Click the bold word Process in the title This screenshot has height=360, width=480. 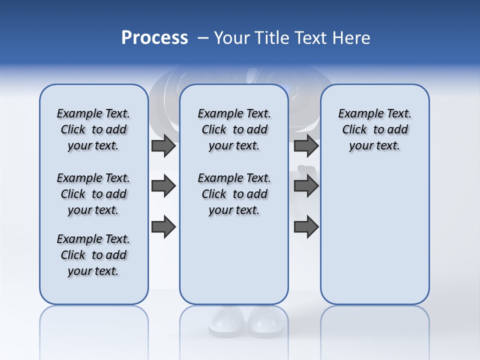pos(154,38)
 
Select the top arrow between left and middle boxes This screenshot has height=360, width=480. pos(163,145)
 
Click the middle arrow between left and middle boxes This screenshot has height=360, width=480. pos(163,186)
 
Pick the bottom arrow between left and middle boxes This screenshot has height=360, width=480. pos(163,227)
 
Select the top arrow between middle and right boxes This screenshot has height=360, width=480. pos(306,145)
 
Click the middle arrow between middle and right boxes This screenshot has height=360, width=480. pos(306,186)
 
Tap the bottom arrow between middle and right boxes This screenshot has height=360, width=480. pos(306,227)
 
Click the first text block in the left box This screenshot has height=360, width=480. pos(93,129)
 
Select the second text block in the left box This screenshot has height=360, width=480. pos(93,194)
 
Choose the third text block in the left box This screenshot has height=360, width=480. pos(93,255)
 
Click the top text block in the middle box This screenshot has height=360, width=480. pos(234,129)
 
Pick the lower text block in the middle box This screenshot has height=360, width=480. pos(234,194)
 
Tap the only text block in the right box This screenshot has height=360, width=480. pos(375,129)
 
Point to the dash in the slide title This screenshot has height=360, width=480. pos(203,38)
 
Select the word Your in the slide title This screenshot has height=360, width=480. pos(231,38)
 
